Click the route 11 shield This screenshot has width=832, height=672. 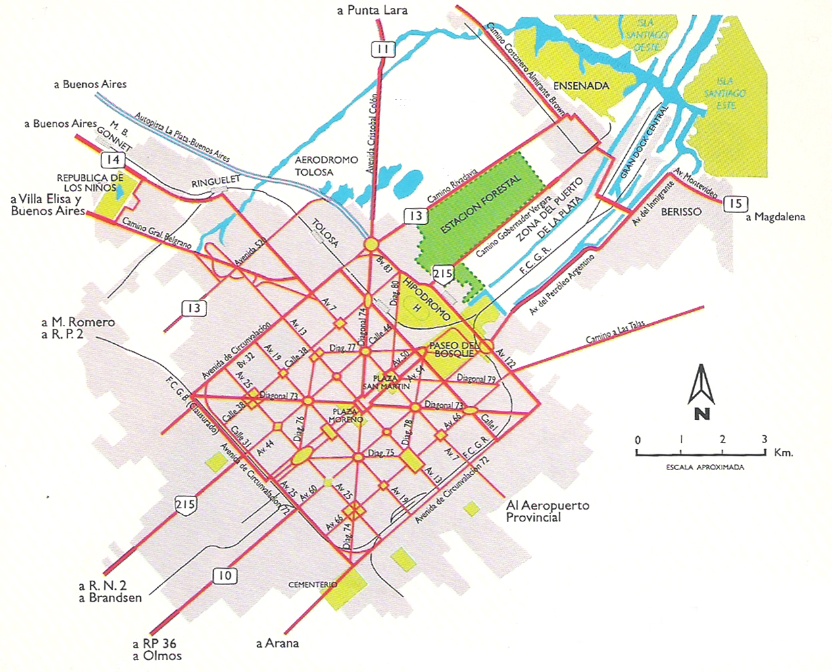tap(383, 49)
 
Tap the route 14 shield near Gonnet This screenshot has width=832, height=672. tap(113, 160)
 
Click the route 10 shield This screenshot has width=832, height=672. tap(225, 576)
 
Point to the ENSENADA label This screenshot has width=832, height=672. tap(581, 85)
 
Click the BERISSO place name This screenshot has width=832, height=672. tap(681, 212)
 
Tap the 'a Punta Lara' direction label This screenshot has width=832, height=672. tap(372, 10)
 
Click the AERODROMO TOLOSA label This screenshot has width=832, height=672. tap(326, 166)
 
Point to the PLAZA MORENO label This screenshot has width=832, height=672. tap(345, 416)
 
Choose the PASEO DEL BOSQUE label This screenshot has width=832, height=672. tap(453, 349)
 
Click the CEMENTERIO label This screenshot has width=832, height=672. tap(312, 585)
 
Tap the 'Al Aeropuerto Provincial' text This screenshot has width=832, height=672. tap(547, 511)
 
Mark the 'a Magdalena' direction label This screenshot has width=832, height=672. tap(775, 217)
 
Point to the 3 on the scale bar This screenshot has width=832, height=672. tap(764, 439)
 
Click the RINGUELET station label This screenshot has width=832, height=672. tap(216, 182)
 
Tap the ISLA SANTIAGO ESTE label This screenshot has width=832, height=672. tap(725, 93)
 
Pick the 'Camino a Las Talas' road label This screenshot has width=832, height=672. tap(615, 332)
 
